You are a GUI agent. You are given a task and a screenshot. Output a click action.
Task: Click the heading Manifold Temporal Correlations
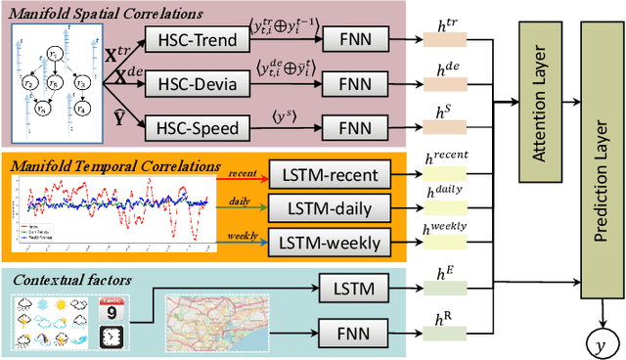click(115, 165)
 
